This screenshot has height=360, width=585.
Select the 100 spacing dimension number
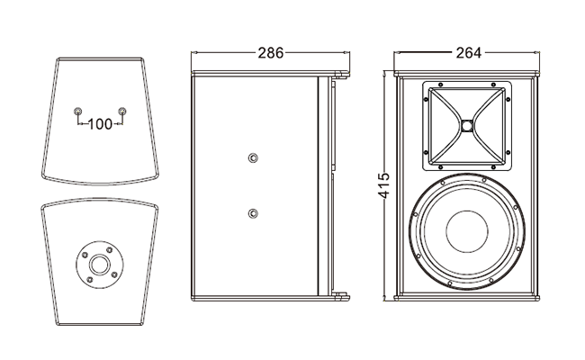(x=101, y=123)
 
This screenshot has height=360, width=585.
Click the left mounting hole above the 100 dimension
(x=78, y=112)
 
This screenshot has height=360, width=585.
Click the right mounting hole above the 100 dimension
(x=122, y=112)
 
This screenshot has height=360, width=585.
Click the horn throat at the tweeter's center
(x=468, y=126)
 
